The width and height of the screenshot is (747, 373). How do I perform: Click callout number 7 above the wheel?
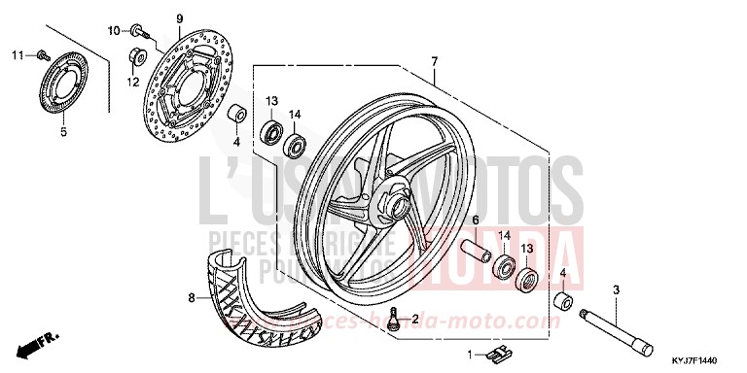435,60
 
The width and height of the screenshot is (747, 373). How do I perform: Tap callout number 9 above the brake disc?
180,19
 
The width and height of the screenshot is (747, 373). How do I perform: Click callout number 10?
113,30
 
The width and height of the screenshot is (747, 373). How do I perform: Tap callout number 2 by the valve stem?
415,318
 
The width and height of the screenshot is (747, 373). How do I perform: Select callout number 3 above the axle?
616,290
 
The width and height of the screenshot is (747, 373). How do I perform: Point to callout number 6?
477,221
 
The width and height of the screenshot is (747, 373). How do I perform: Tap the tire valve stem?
392,320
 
